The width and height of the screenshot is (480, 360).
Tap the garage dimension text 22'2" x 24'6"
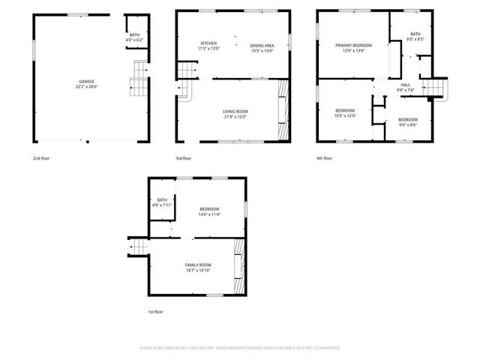[x=87, y=86]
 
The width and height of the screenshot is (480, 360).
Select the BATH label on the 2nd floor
[x=134, y=34]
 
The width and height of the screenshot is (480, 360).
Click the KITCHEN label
[x=208, y=43]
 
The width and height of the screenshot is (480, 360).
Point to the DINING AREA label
[x=262, y=45]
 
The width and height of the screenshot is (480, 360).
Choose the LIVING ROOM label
[x=235, y=112]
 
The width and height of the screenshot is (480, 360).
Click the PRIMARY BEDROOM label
[x=353, y=45]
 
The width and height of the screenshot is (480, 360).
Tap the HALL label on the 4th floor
[x=405, y=85]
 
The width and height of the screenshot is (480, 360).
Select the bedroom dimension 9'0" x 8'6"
[x=408, y=125]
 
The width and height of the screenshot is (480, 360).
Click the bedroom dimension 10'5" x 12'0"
[x=345, y=115]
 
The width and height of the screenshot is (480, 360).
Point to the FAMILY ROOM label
[x=199, y=265]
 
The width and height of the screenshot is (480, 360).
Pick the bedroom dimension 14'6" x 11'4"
[x=209, y=214]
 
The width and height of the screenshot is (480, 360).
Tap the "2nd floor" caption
[x=40, y=158]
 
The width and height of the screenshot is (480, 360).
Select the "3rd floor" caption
[x=184, y=158]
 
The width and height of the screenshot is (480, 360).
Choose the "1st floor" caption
[x=154, y=311]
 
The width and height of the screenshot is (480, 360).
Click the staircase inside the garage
[x=138, y=78]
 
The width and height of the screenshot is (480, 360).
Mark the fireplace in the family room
[x=239, y=266]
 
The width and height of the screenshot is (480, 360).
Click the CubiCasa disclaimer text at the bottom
[x=240, y=348]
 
